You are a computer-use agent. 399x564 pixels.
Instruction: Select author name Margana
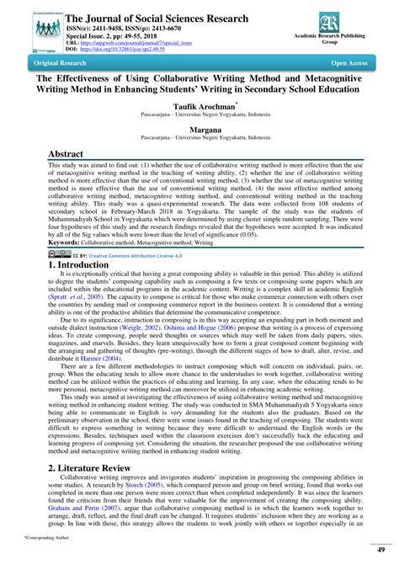[199, 134]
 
